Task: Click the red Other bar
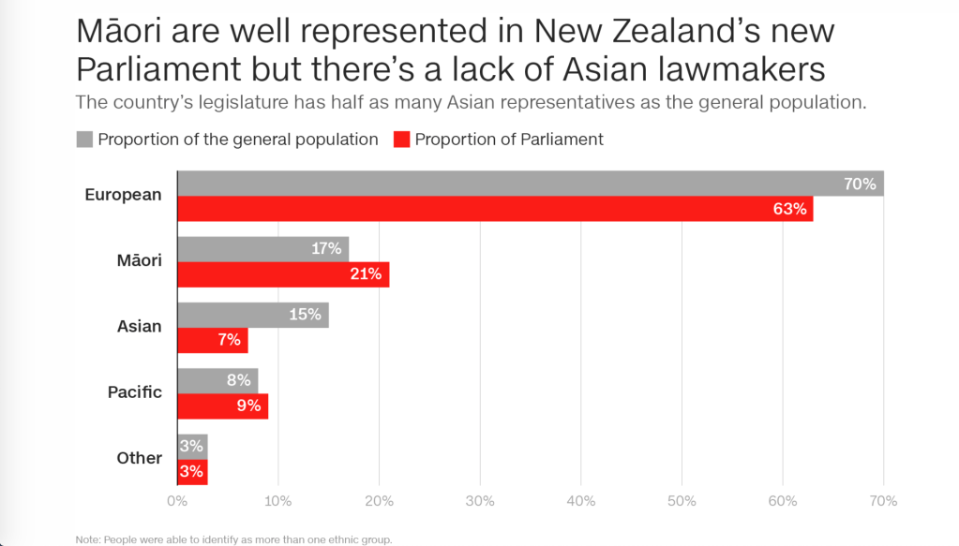coord(192,471)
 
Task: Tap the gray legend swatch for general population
coord(84,140)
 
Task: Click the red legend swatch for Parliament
coord(401,140)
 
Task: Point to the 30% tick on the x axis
coord(480,501)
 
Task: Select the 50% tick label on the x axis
coord(682,501)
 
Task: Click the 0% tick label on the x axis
coord(177,501)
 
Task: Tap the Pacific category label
coord(135,392)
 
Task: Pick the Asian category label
coord(140,327)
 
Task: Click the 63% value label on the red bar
coord(789,209)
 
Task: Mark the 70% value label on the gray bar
coord(860,184)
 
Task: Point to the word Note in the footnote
coord(86,539)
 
